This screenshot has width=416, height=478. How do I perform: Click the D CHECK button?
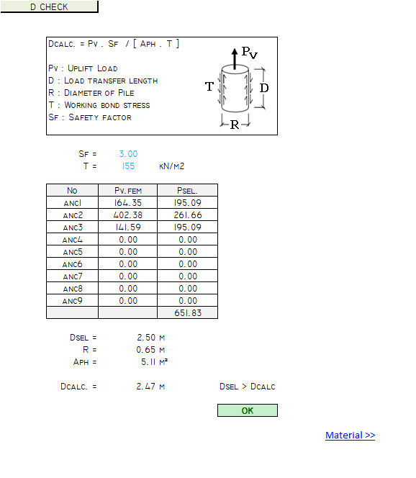click(x=49, y=6)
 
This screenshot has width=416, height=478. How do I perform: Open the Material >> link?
click(x=351, y=435)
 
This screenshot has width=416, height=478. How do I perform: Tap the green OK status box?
click(x=248, y=410)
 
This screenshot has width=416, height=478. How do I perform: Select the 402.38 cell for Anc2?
click(x=127, y=215)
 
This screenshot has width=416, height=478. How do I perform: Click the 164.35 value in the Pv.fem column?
click(x=127, y=203)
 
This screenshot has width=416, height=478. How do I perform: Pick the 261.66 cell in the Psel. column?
click(x=187, y=215)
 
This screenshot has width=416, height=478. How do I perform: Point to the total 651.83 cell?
click(x=187, y=312)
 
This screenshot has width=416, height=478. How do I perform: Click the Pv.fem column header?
click(x=127, y=191)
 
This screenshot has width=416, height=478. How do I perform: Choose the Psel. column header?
click(x=187, y=191)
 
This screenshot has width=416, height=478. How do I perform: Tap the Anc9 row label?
click(x=72, y=301)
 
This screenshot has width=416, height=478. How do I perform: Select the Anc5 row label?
click(x=72, y=252)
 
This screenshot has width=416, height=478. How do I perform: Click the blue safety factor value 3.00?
click(x=128, y=153)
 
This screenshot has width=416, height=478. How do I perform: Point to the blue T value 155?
click(x=128, y=166)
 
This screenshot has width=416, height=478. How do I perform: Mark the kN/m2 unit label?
click(x=171, y=166)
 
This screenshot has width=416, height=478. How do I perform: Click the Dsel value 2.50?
click(x=146, y=338)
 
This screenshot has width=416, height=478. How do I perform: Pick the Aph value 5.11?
click(x=149, y=362)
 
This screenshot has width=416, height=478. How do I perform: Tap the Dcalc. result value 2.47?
click(x=146, y=387)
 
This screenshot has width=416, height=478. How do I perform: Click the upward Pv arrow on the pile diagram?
click(x=235, y=58)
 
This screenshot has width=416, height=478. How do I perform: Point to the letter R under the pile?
click(x=235, y=125)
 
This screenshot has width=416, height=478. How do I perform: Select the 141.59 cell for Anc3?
click(x=127, y=227)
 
